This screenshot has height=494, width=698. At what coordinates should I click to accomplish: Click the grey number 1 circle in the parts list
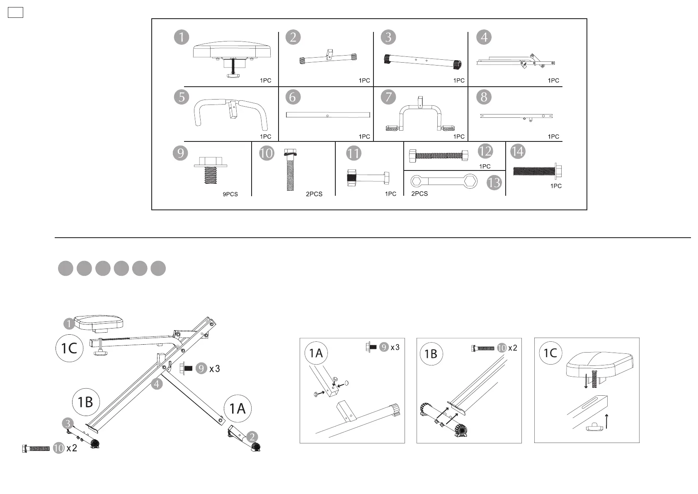pos(182,37)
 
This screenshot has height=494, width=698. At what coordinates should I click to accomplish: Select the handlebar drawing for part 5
pos(231,112)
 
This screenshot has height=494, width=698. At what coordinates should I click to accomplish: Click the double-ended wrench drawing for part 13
pos(444,181)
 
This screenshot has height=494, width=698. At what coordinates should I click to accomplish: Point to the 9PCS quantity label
pos(230,194)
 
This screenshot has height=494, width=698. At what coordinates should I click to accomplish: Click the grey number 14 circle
pos(517,151)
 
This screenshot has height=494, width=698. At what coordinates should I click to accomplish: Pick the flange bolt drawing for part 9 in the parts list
pos(211,170)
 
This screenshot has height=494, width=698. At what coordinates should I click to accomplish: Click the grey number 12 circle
pos(485,151)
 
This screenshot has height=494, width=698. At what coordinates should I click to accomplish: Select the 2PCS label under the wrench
pos(419,194)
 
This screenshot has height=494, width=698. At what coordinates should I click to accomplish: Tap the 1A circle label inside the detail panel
pos(316,353)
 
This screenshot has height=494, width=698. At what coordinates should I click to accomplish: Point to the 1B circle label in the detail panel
pos(431,354)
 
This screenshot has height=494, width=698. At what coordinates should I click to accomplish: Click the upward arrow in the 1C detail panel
pos(606,421)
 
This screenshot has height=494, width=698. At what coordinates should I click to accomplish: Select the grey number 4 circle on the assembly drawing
pos(157,384)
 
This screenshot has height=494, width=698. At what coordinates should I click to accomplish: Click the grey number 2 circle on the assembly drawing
pos(252,437)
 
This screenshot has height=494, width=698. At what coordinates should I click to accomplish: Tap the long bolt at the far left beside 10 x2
pos(36,448)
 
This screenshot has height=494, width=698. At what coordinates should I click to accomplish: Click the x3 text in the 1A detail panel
pos(395,347)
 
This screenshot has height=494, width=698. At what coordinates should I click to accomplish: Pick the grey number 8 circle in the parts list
pos(484,97)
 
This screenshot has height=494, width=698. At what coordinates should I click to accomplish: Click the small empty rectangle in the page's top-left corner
pos(15,13)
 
